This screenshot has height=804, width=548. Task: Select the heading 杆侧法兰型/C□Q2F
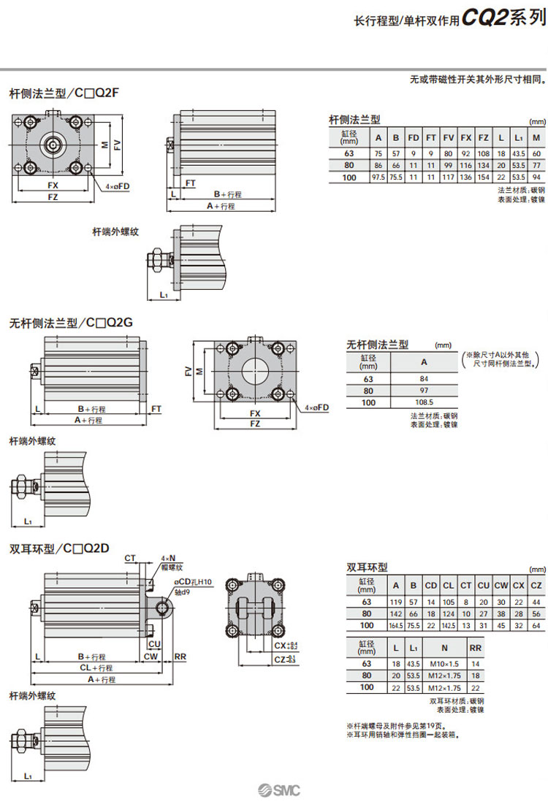pos(64,93)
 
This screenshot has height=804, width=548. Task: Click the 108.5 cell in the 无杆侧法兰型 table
pos(423,402)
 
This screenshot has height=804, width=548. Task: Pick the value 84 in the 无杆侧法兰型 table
pos(423,378)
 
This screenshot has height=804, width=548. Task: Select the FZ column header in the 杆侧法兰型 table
pos(483,137)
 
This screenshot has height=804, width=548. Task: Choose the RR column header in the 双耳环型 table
pos(475,648)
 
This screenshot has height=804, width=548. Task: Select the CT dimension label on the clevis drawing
pos(130,558)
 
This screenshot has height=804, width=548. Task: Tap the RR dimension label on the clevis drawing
pos(180,656)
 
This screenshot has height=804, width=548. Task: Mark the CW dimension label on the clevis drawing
pos(151,656)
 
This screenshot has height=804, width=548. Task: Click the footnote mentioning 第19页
pos(394,725)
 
